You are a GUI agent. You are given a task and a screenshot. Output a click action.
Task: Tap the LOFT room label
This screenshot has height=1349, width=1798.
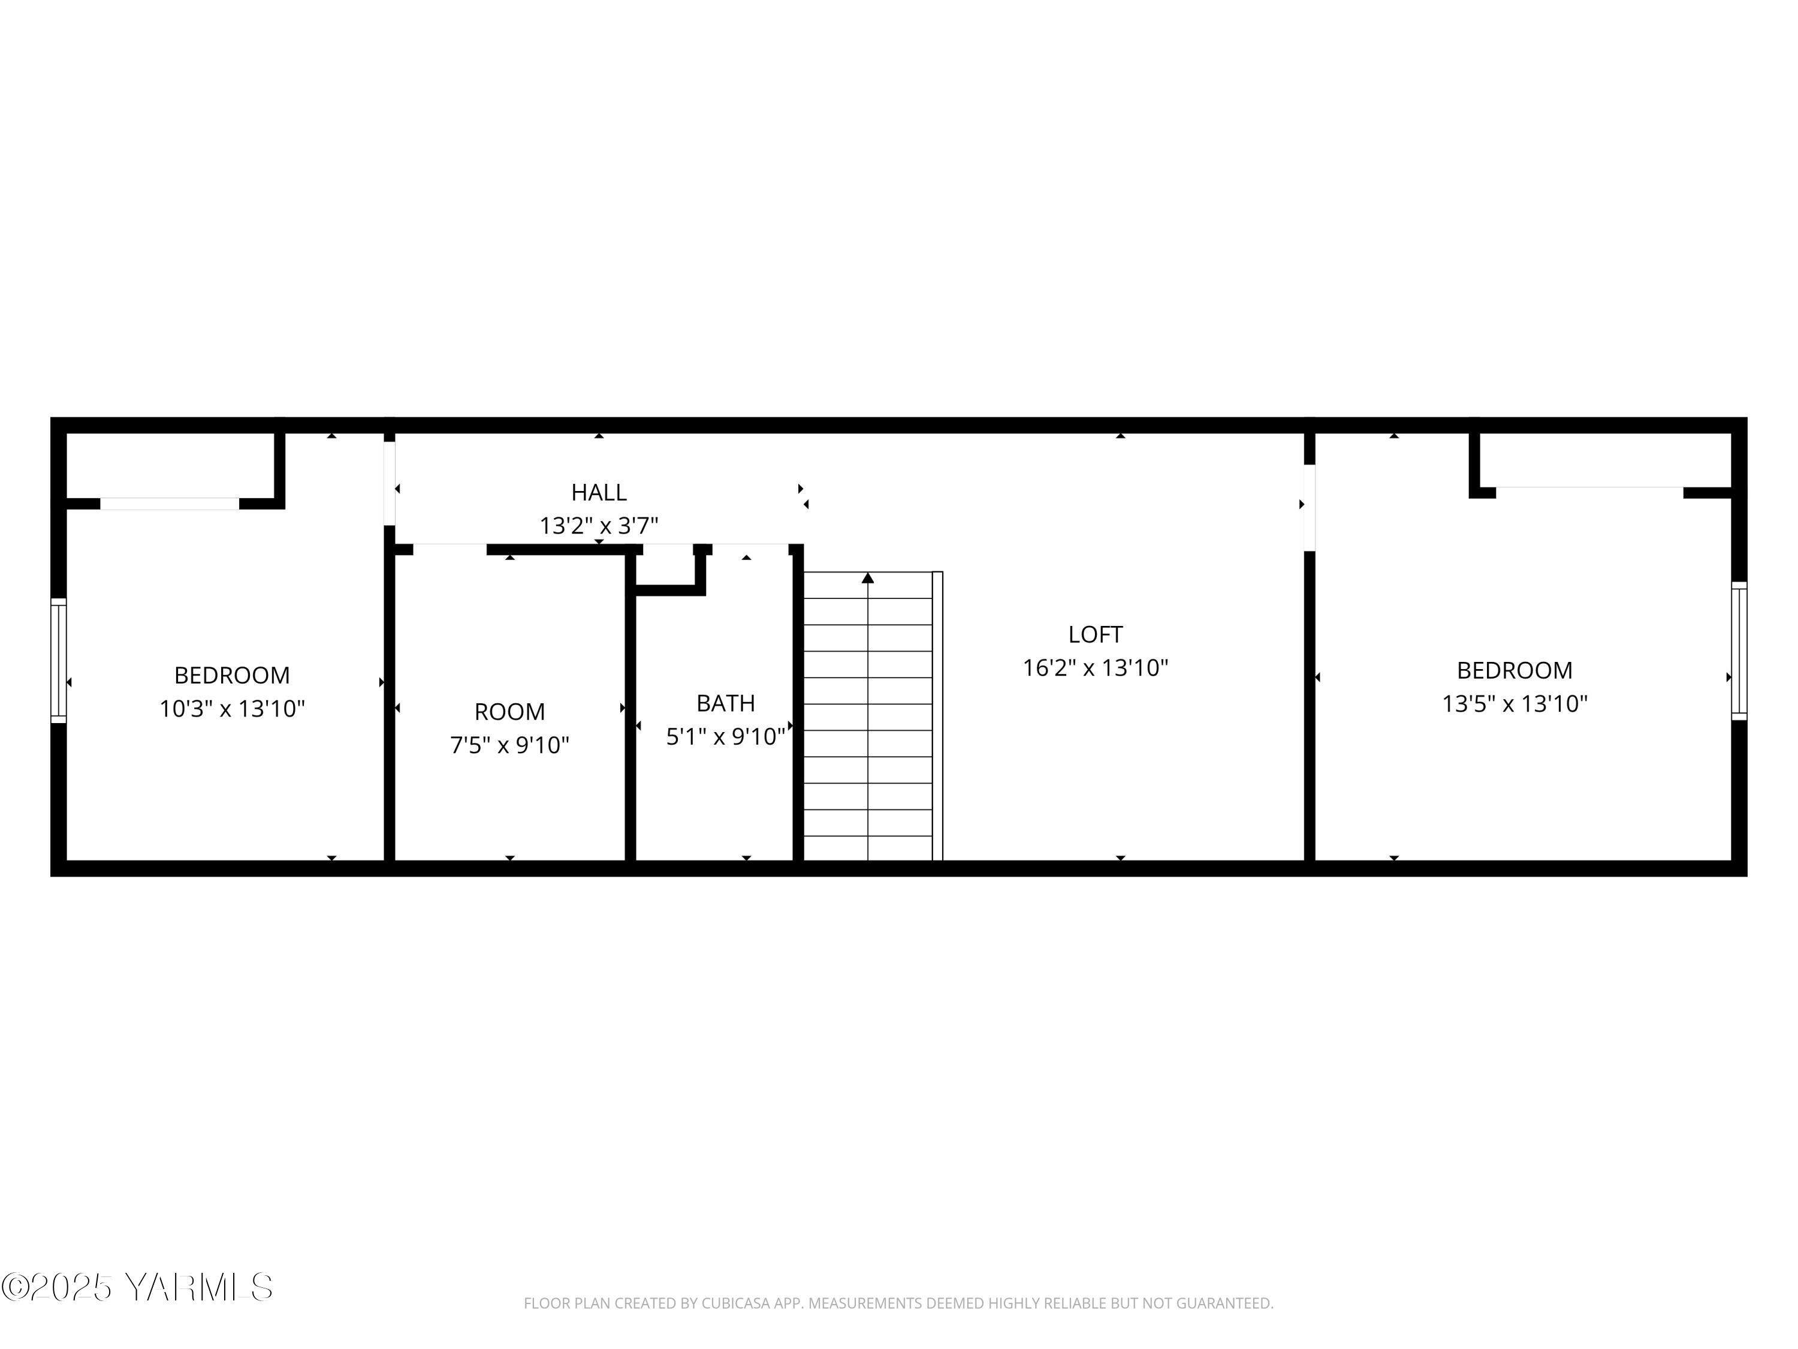click(1095, 634)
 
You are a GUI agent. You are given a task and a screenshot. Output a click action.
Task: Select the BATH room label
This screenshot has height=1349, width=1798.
click(725, 703)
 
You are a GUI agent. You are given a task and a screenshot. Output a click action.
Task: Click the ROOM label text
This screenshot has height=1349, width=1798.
click(509, 712)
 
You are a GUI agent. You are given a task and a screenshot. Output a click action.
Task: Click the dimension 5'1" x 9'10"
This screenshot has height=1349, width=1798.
click(725, 737)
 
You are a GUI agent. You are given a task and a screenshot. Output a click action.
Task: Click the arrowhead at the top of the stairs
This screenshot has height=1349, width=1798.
click(867, 578)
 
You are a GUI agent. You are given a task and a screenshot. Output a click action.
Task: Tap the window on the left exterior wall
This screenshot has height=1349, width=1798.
click(59, 660)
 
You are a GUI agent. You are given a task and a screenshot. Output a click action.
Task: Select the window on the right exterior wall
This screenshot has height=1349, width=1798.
click(1739, 651)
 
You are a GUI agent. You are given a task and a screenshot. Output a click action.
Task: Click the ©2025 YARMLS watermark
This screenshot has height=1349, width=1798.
click(137, 1287)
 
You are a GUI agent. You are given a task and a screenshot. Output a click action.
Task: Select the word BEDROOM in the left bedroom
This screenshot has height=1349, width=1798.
click(232, 675)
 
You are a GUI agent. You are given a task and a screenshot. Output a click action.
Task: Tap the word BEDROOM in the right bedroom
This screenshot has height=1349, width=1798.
click(1515, 670)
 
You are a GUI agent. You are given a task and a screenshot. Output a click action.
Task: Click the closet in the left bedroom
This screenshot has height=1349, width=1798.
click(169, 465)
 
